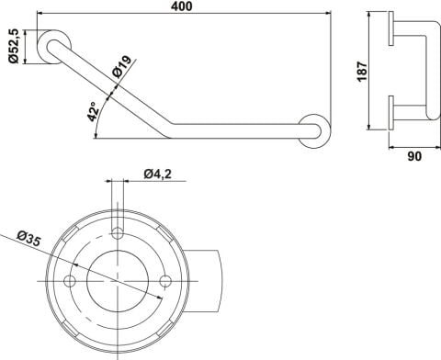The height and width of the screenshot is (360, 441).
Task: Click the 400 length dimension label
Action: pos(182,6)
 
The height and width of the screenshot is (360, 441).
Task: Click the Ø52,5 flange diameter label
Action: pos(14,46)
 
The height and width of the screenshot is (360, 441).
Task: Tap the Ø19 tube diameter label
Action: pos(122,67)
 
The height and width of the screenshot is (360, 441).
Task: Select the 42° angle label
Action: pos(93,112)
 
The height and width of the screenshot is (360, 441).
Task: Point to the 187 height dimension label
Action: pos(362,72)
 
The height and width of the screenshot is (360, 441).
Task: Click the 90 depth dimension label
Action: pos(414,156)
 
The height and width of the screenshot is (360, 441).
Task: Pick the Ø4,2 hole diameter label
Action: pos(158,174)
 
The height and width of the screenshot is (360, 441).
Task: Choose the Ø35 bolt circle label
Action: pos(28,239)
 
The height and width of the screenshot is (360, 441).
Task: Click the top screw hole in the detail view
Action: pos(118,233)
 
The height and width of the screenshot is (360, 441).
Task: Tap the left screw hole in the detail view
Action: pos(70,281)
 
